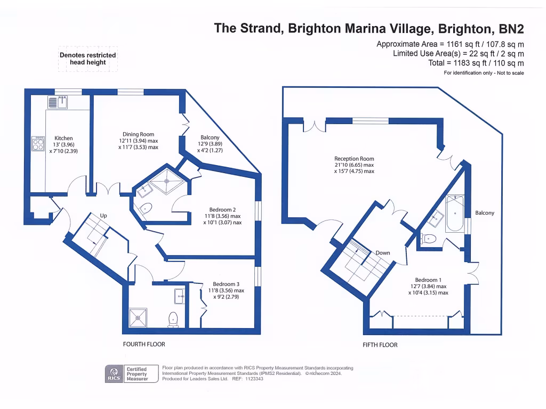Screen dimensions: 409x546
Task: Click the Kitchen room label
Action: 60,138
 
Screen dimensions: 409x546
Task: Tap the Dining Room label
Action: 139,135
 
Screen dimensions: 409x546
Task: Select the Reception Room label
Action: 354,159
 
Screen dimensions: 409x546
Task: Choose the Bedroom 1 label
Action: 428,280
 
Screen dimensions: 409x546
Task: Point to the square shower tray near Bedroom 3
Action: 139,318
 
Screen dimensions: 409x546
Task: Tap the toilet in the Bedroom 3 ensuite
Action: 173,319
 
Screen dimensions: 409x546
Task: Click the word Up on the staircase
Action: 104,215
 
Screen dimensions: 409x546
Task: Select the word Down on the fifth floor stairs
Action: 382,252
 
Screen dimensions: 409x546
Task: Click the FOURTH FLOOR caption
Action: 144,344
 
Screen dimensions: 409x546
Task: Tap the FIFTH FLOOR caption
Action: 380,345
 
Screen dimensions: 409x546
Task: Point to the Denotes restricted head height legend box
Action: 87,59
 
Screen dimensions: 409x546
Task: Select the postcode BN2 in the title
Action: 510,28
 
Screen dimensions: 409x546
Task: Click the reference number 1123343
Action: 253,379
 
